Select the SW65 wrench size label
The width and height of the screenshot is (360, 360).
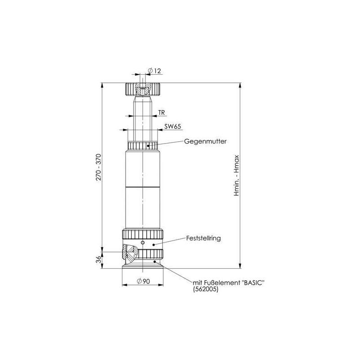pyautogui.click(x=172, y=127)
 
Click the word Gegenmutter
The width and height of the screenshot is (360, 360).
pyautogui.click(x=205, y=141)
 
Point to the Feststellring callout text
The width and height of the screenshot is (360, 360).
pyautogui.click(x=203, y=238)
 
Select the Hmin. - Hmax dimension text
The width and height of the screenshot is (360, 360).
pyautogui.click(x=243, y=176)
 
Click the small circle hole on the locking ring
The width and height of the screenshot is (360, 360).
pyautogui.click(x=143, y=243)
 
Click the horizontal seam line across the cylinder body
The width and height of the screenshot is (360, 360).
pyautogui.click(x=142, y=187)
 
